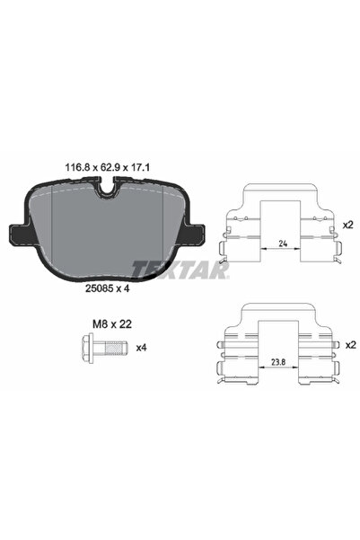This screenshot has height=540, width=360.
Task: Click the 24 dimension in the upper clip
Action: coord(281,242)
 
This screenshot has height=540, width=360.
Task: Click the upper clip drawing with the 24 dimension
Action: coord(281,225)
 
